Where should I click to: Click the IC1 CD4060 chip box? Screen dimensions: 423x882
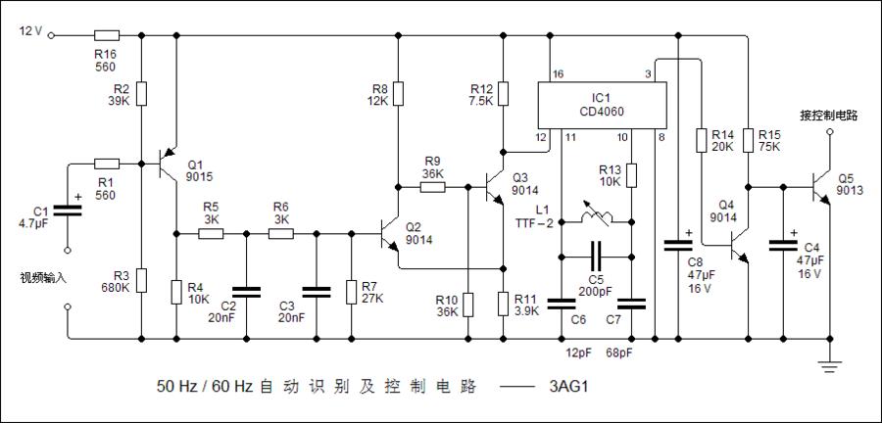(x=601, y=105)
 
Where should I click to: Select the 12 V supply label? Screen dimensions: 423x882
(x=30, y=31)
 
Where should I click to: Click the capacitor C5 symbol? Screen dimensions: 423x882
(x=595, y=258)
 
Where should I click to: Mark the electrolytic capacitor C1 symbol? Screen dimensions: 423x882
(x=68, y=208)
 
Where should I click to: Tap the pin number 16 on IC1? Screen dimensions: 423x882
(x=559, y=75)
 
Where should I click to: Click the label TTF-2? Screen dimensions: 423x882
(x=536, y=222)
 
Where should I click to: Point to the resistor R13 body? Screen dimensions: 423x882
(x=632, y=175)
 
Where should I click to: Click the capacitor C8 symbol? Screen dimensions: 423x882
(x=678, y=242)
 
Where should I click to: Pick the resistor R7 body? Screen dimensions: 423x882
(x=351, y=293)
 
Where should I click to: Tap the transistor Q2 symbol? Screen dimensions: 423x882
(x=393, y=234)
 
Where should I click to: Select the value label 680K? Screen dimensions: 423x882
(x=115, y=288)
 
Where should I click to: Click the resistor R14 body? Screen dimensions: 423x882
(x=701, y=140)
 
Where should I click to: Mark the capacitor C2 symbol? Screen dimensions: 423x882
(x=245, y=290)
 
